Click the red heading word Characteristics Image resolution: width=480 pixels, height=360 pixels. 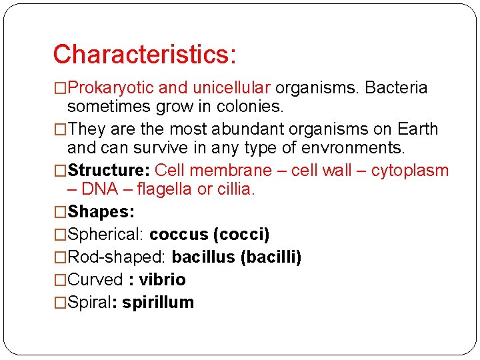point(143,55)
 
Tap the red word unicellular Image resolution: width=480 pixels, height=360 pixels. point(231,88)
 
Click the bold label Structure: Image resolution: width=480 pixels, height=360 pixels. point(109,171)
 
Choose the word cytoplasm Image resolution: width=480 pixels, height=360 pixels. point(409,171)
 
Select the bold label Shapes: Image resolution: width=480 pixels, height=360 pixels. point(101,212)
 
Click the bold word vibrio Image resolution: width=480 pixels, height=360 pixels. point(162,280)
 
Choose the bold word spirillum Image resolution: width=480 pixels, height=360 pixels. point(158,303)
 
